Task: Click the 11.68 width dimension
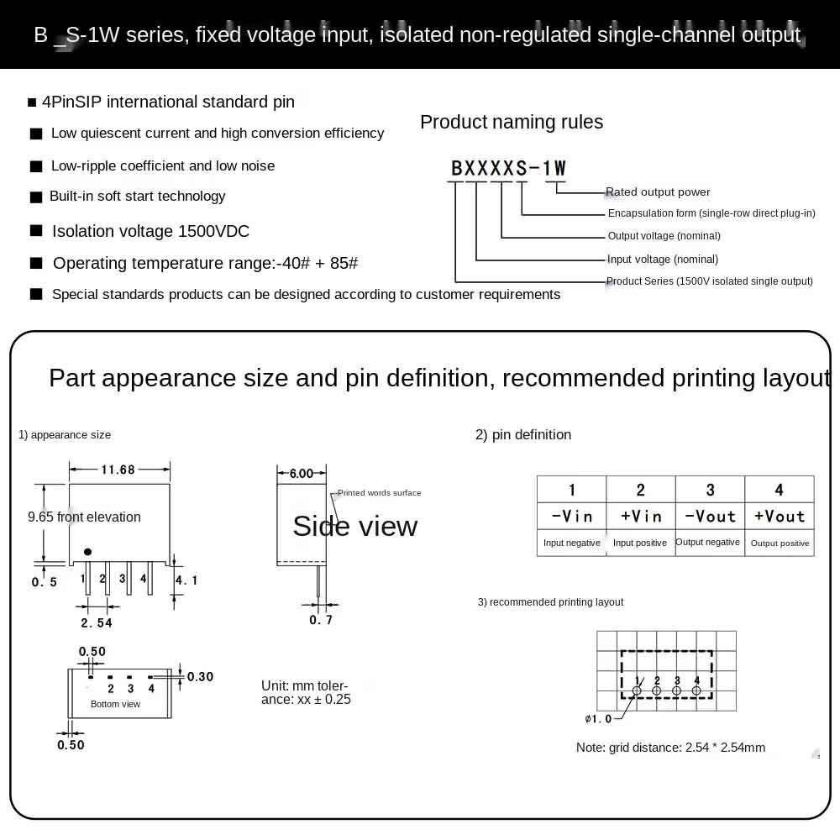click(118, 470)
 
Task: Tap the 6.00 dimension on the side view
click(302, 474)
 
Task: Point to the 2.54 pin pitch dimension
click(97, 622)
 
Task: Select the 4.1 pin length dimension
click(186, 580)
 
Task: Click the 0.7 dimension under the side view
click(321, 620)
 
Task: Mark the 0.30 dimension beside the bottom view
click(200, 676)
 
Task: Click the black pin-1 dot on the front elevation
click(87, 552)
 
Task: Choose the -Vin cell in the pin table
click(572, 516)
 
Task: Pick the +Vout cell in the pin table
click(780, 516)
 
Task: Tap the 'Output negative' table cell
click(708, 543)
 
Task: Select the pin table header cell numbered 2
click(641, 490)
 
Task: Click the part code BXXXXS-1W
click(509, 168)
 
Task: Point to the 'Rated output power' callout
click(659, 192)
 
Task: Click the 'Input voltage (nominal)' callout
click(663, 260)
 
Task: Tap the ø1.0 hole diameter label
click(598, 719)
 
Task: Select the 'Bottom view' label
click(116, 704)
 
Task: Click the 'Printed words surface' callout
click(379, 493)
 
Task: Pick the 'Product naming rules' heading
click(512, 123)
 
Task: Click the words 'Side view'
click(354, 526)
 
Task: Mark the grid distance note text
click(670, 748)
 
